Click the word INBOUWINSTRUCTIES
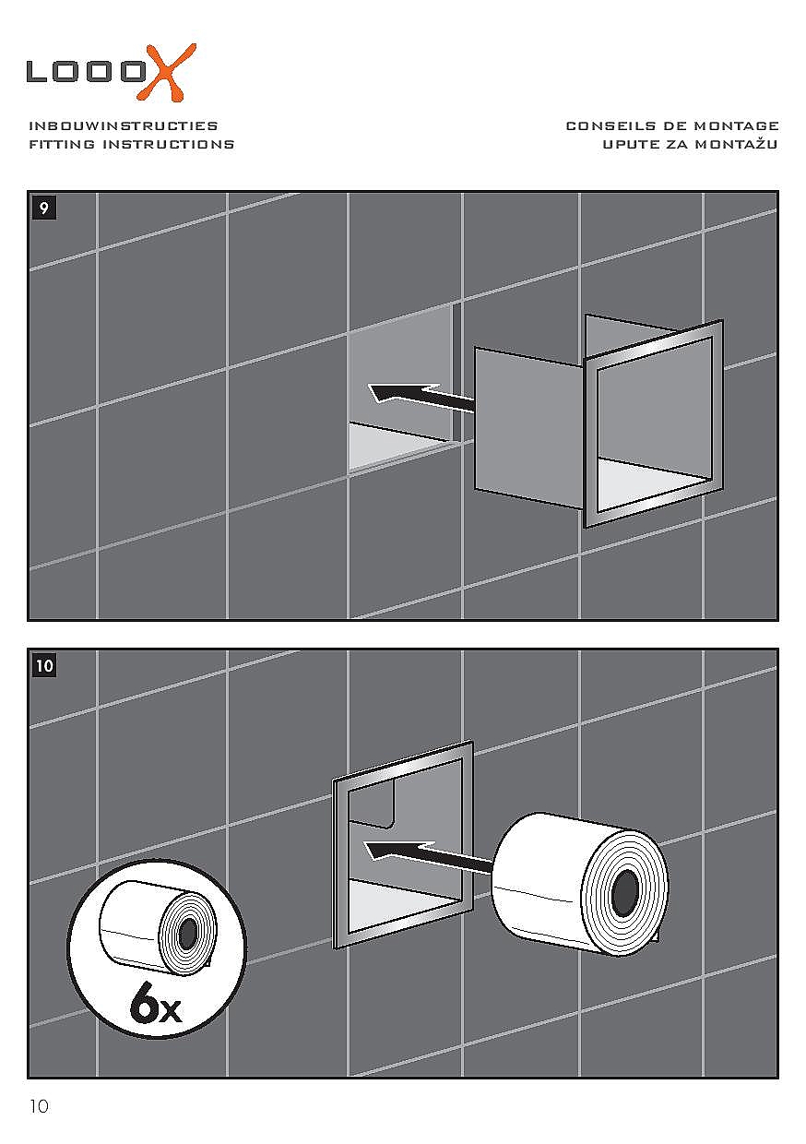pyautogui.click(x=124, y=125)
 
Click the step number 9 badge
pyautogui.click(x=43, y=209)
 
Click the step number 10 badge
pyautogui.click(x=44, y=665)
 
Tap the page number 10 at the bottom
pyautogui.click(x=39, y=1107)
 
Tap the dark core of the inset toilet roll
pyautogui.click(x=188, y=935)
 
